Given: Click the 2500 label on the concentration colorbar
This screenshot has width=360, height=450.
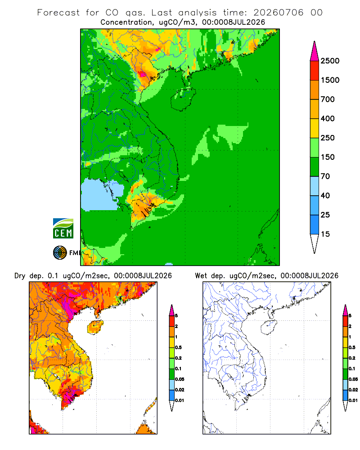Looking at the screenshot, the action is click(x=330, y=61).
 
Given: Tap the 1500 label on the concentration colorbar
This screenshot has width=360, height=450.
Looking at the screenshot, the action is click(x=330, y=80).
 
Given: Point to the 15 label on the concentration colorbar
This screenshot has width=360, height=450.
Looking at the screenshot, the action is click(x=325, y=234).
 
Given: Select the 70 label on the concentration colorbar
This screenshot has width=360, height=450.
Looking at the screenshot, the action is click(x=325, y=176).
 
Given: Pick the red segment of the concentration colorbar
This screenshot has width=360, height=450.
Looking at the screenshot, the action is click(x=315, y=71).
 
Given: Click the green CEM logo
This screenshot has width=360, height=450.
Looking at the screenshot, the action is click(x=63, y=229).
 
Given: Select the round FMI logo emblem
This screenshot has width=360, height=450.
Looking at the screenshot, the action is click(x=60, y=253).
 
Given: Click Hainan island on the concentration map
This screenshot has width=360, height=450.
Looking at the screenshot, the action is click(x=183, y=99).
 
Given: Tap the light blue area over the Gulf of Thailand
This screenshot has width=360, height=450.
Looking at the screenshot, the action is click(x=101, y=195).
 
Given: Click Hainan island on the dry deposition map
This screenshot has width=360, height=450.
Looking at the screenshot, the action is click(x=95, y=328).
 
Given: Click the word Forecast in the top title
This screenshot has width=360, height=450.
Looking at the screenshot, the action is click(x=58, y=13).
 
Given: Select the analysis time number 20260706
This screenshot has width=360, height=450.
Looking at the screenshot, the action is click(x=278, y=13).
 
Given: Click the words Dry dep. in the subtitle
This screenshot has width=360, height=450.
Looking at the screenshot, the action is click(x=29, y=276).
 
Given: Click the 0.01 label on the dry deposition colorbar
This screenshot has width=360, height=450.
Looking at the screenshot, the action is click(x=180, y=400).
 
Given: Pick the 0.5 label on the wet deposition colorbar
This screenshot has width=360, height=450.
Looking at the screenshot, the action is click(x=352, y=347).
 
